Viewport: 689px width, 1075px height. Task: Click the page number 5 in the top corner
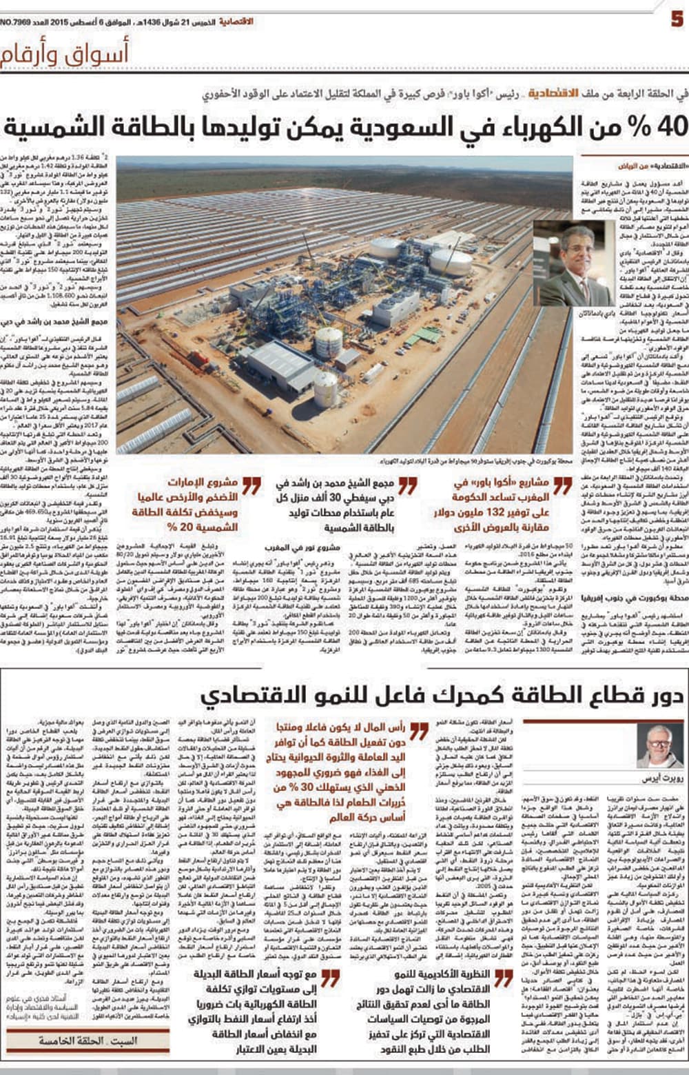click(677, 17)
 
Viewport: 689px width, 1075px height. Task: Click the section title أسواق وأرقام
click(65, 55)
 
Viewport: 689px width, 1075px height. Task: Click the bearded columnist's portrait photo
click(660, 745)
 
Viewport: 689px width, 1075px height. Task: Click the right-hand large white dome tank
click(451, 261)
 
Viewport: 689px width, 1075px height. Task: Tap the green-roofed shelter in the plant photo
click(427, 336)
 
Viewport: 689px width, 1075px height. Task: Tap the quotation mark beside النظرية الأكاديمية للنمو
click(504, 978)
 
